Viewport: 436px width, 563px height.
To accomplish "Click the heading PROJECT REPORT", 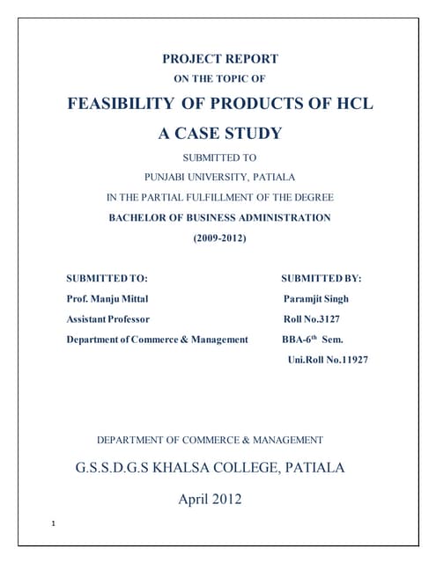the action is (x=220, y=60).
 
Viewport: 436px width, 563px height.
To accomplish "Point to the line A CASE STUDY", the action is (x=220, y=134).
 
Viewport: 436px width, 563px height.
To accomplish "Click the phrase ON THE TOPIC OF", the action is (x=220, y=78).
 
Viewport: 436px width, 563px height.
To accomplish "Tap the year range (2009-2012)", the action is (x=220, y=238).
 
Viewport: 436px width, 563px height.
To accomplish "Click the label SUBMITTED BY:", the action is (x=321, y=278).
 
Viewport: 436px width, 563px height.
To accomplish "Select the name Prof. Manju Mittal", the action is (x=110, y=299).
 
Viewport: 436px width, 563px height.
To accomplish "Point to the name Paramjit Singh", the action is (x=315, y=299).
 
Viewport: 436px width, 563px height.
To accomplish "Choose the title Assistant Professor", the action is (x=107, y=319).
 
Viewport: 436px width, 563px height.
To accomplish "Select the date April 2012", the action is (x=210, y=500).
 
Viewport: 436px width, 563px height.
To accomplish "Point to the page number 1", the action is (x=54, y=525).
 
